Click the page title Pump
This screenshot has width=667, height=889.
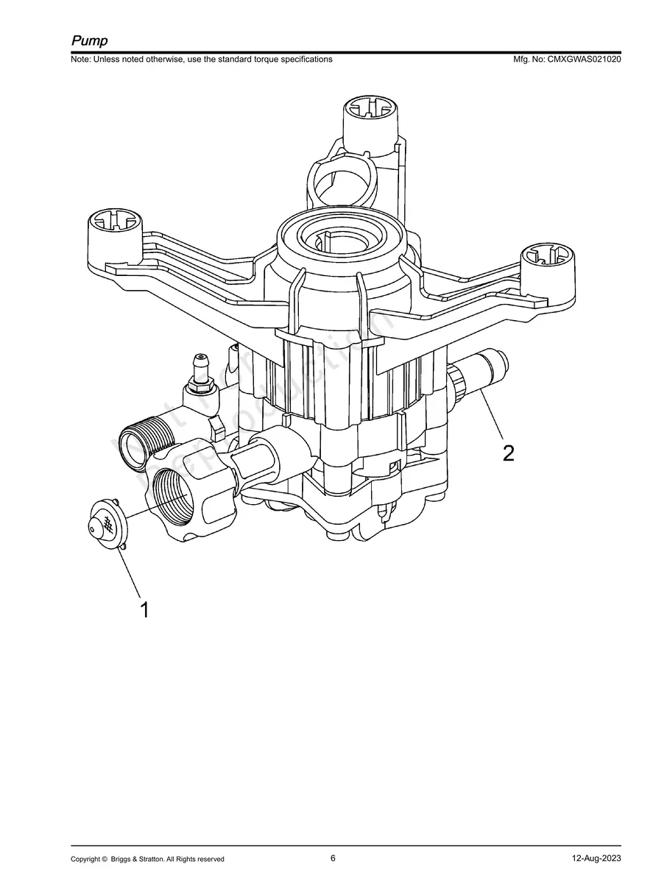coord(89,40)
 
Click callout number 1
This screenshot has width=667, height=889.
coord(144,609)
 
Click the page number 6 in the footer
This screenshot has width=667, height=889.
coord(333,858)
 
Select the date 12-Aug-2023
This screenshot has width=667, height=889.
coord(597,859)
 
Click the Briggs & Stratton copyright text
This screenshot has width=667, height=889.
coord(147,859)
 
